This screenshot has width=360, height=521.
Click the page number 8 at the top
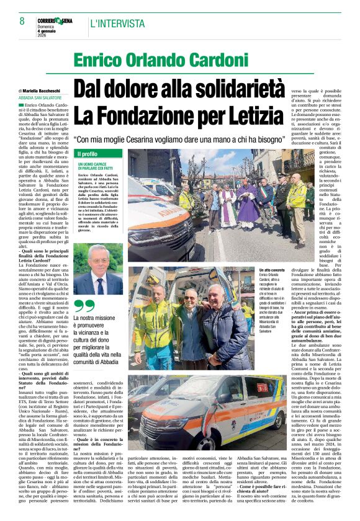coord(22,21)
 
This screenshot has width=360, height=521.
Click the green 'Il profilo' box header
coord(88,154)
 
